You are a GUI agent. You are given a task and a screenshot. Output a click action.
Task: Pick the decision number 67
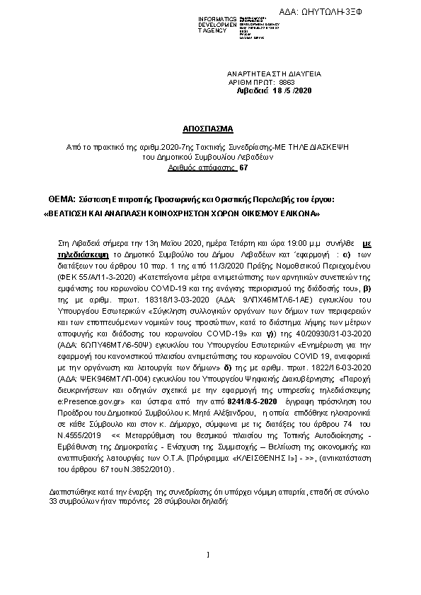[244, 168]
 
